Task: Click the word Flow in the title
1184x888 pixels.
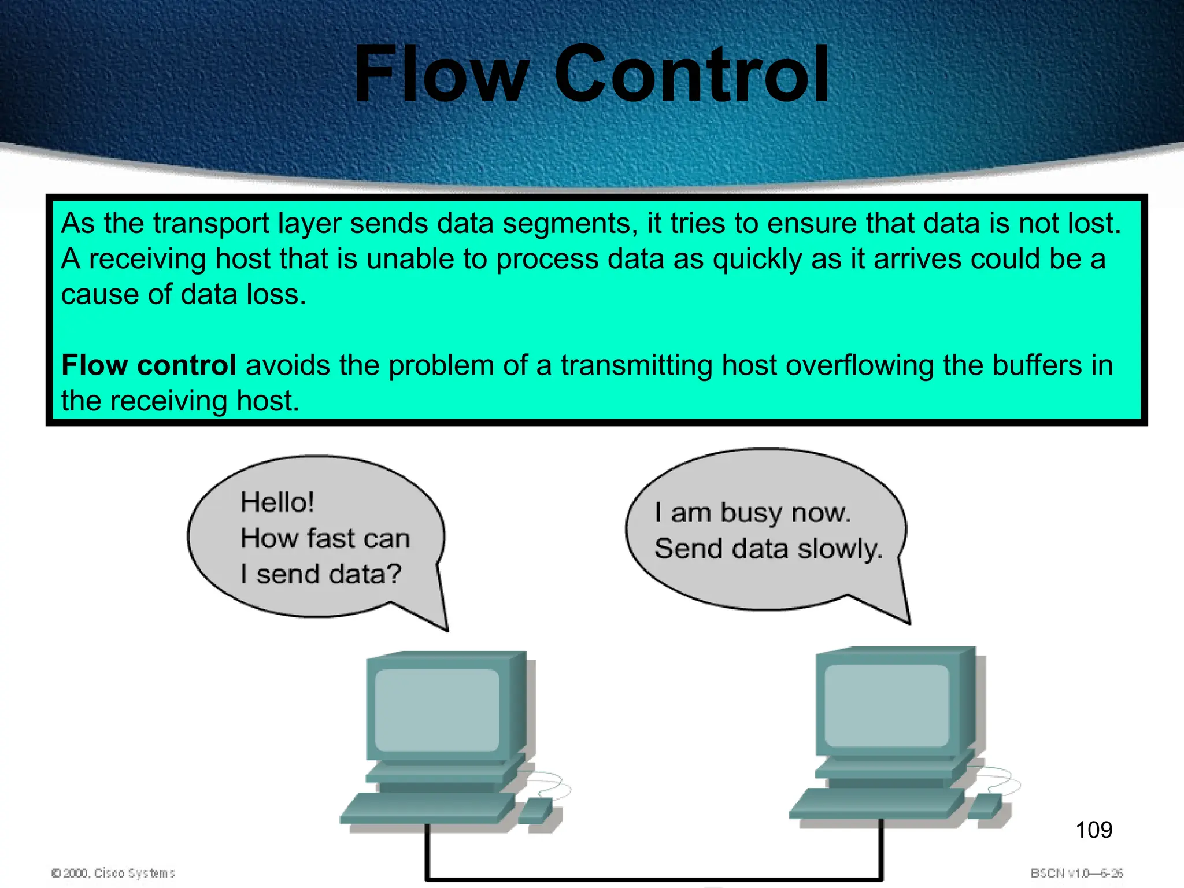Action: point(441,74)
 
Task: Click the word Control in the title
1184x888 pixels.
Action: point(691,74)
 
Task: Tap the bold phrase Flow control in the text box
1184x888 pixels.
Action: point(149,365)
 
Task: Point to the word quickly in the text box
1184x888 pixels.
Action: point(757,259)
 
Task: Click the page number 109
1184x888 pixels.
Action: point(1093,830)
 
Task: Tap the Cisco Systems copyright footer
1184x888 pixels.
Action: point(113,873)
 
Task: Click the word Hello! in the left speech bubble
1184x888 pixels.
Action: point(277,502)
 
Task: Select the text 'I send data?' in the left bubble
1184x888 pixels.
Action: point(320,574)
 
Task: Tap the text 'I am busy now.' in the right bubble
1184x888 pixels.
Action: point(752,513)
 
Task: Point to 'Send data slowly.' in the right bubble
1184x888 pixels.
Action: point(768,548)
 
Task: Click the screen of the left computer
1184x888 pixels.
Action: point(437,710)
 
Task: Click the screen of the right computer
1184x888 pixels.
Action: point(886,705)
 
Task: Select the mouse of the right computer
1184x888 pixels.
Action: point(986,805)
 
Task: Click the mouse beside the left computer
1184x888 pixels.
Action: point(535,810)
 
